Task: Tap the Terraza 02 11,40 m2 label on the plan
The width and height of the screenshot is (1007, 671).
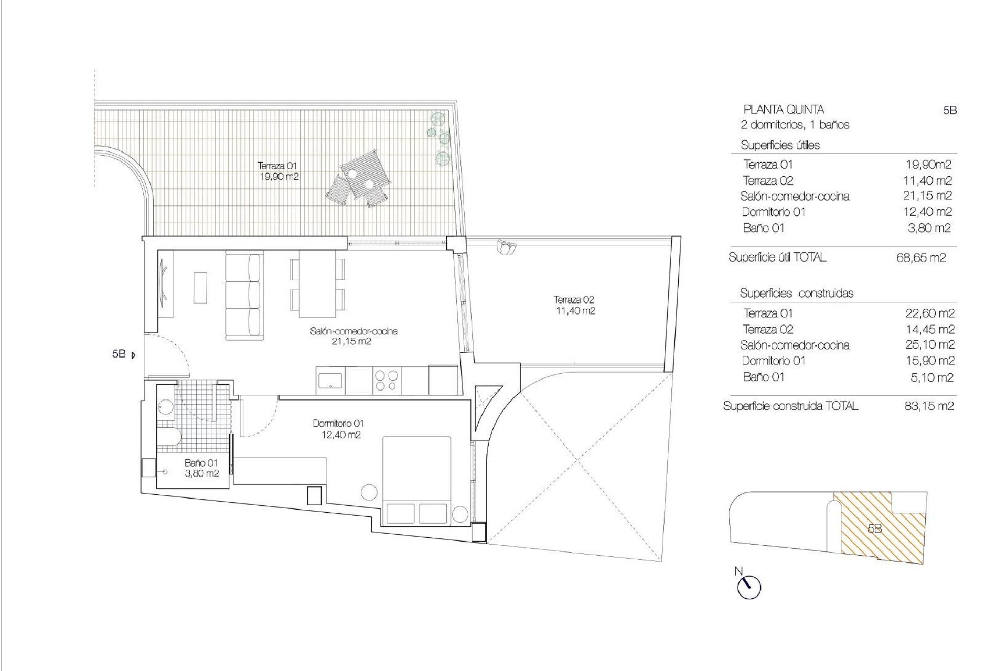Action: (x=574, y=305)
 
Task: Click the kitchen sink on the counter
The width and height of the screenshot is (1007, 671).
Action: (x=330, y=380)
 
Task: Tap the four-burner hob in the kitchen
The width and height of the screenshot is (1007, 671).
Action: (x=387, y=380)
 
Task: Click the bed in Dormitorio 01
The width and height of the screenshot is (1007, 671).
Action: (x=417, y=480)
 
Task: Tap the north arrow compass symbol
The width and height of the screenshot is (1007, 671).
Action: (x=749, y=587)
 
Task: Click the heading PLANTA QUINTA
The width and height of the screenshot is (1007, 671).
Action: (x=784, y=110)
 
